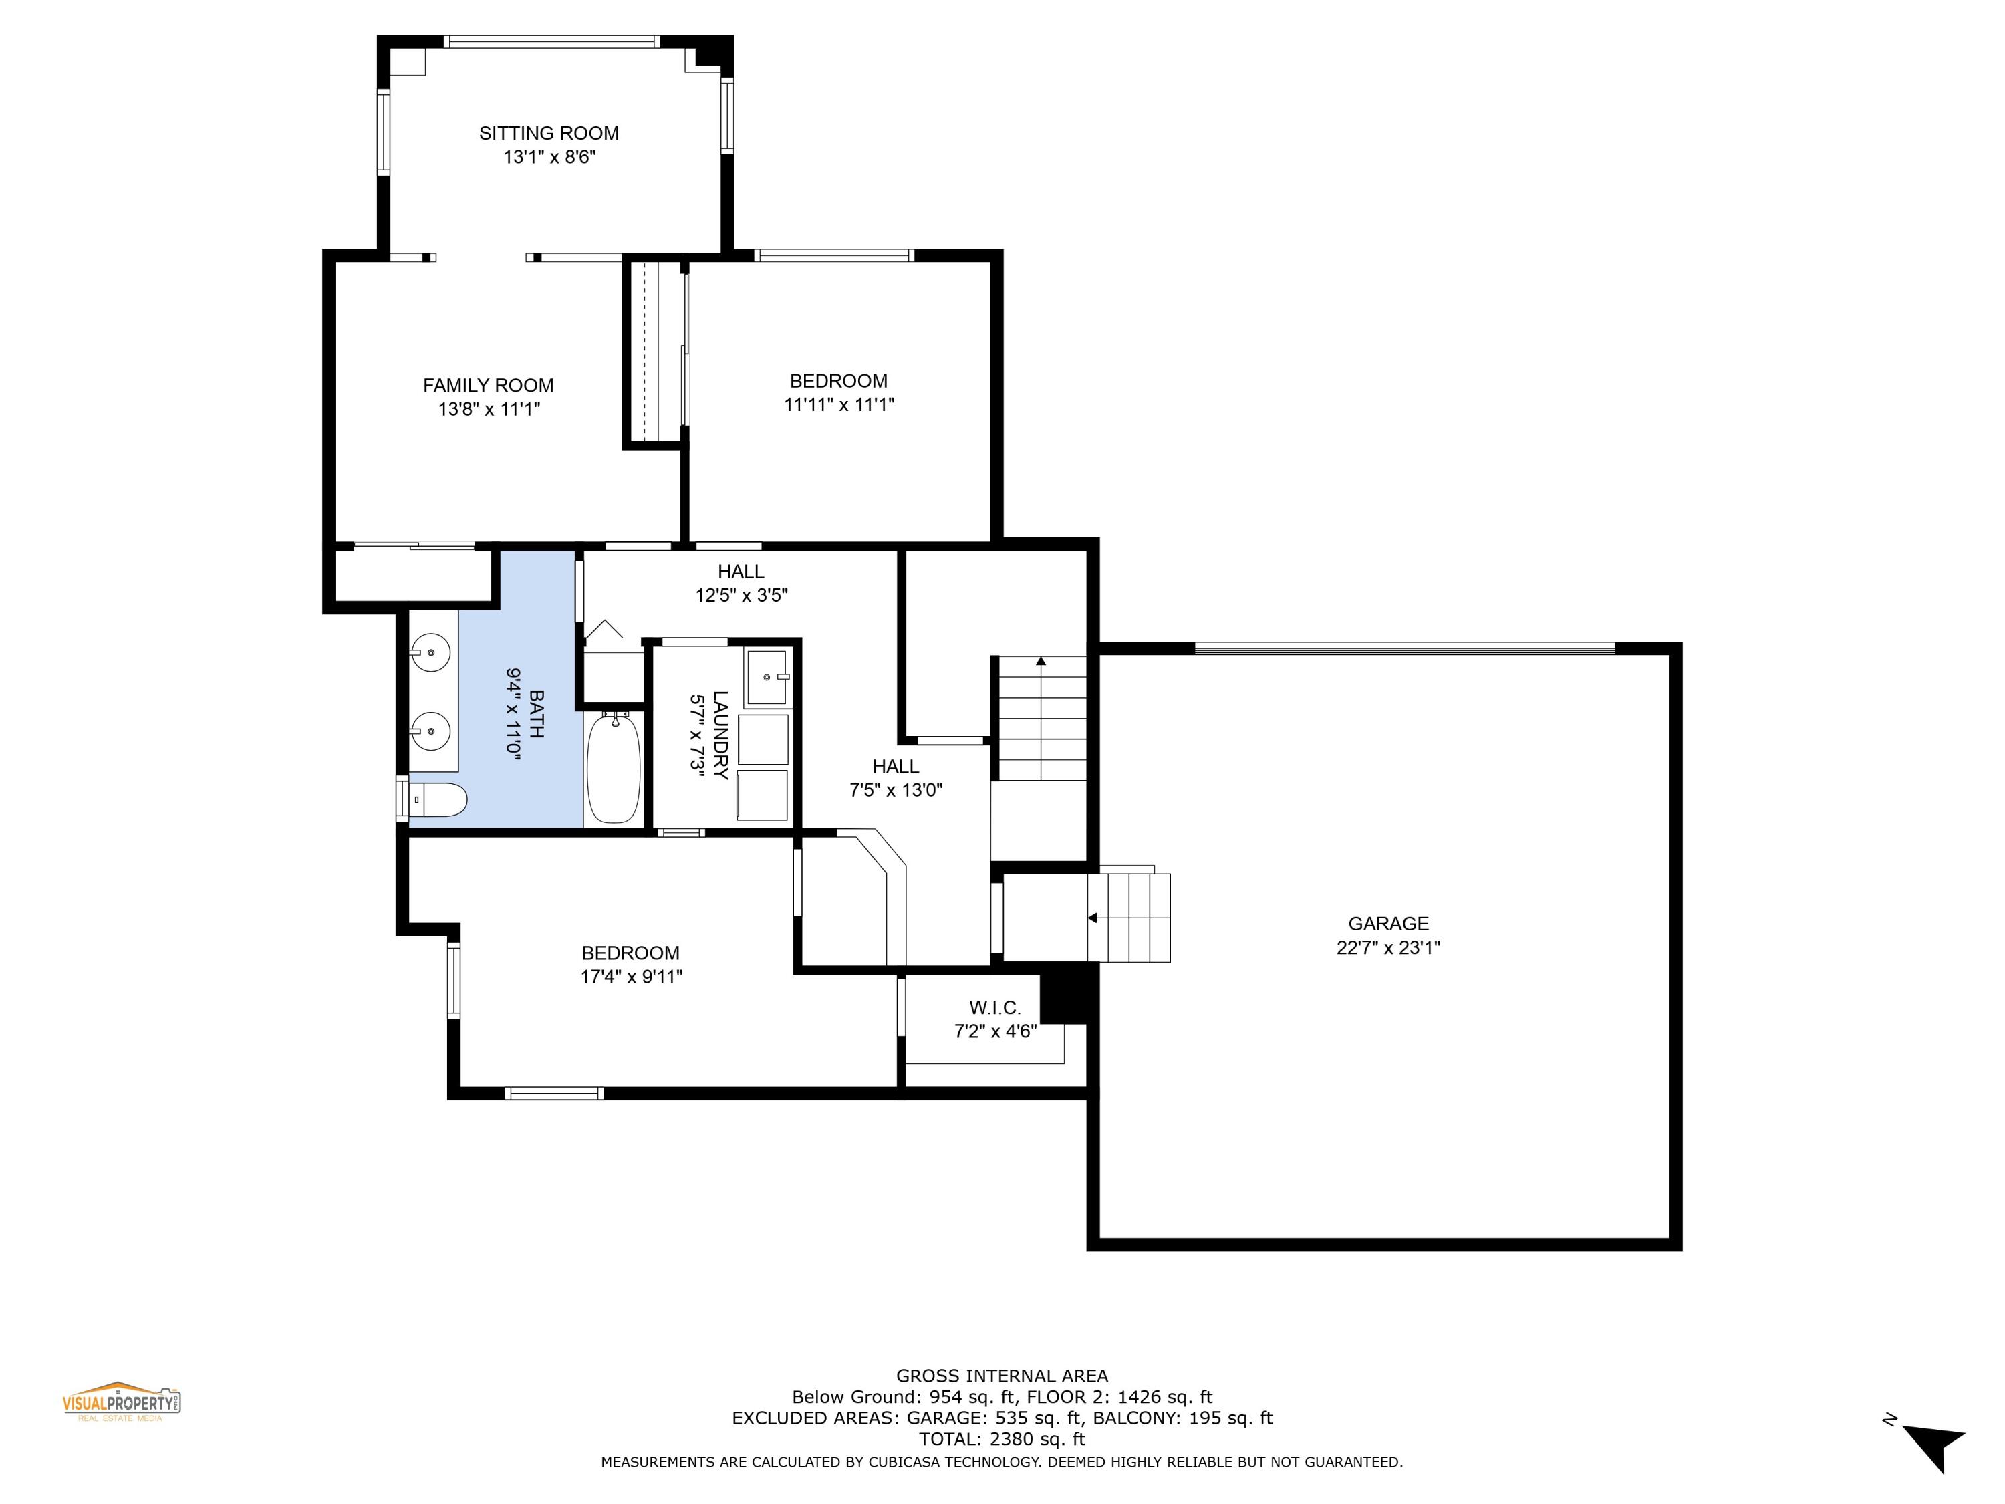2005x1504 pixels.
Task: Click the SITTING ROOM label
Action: (x=549, y=133)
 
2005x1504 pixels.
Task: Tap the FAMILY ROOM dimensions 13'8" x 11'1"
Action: (x=489, y=409)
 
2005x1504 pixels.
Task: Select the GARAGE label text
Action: (x=1387, y=923)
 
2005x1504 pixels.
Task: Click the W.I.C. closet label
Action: (x=994, y=1007)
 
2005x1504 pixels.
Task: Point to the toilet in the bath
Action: (x=440, y=799)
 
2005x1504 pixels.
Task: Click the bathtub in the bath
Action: (x=614, y=769)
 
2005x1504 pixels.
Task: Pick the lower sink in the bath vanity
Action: (x=430, y=730)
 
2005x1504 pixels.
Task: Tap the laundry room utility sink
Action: (x=767, y=677)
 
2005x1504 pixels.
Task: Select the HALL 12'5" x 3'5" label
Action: (x=741, y=583)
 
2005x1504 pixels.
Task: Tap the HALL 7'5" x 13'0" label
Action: (x=896, y=778)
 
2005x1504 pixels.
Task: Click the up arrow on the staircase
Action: (x=1041, y=662)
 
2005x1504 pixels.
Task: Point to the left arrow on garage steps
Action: (x=1092, y=918)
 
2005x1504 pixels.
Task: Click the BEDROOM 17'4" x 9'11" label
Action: (x=631, y=964)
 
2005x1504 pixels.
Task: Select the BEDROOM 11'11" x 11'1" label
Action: (x=839, y=392)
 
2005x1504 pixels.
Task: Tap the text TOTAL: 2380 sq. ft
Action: (x=1002, y=1438)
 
